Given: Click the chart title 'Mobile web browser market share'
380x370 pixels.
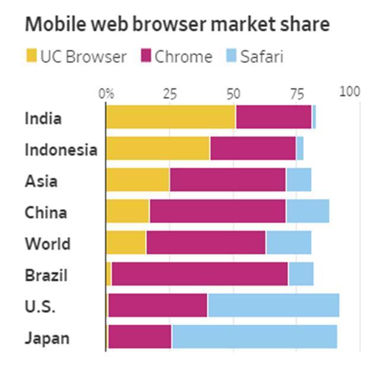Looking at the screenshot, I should click(x=177, y=24).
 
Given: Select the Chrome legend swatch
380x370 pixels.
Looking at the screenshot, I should click(x=145, y=57).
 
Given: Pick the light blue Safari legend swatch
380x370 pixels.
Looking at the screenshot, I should click(x=231, y=57).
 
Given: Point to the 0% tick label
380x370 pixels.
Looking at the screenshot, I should click(x=106, y=93).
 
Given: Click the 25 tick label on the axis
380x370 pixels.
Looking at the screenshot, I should click(x=170, y=93).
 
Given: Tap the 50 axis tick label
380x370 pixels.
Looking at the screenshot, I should click(x=233, y=93).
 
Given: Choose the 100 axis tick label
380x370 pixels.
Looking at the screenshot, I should click(x=350, y=92).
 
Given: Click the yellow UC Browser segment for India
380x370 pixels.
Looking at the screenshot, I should click(x=170, y=116).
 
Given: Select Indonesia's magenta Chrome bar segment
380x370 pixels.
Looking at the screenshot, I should click(x=253, y=148).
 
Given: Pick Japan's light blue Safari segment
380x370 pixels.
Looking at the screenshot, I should click(x=254, y=337).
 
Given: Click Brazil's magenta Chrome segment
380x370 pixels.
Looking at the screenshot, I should click(x=199, y=274).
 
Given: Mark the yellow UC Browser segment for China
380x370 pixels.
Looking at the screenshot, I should click(x=128, y=211).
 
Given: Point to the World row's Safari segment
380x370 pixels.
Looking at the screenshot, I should click(x=289, y=242).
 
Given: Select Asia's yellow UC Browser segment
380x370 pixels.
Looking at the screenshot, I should click(x=138, y=179).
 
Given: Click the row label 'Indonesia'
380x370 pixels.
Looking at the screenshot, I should click(x=61, y=150).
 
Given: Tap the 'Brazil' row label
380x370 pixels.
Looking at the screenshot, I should click(x=46, y=276).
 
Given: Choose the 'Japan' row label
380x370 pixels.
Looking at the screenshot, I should click(x=47, y=339).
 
